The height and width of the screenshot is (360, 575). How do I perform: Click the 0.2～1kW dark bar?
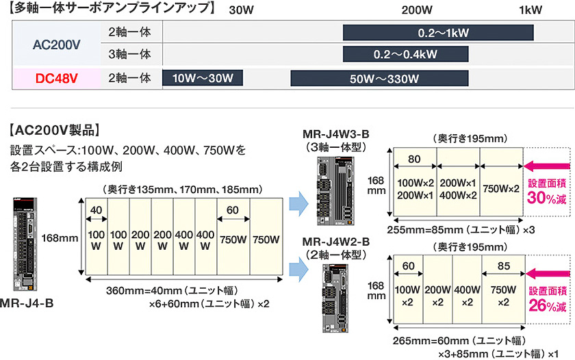click(x=438, y=33)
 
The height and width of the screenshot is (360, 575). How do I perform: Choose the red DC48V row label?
click(x=56, y=78)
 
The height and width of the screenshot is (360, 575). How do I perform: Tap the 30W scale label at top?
click(x=241, y=10)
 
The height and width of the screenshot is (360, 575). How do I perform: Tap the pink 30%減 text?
click(x=546, y=196)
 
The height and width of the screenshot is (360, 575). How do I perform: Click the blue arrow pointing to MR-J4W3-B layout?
click(x=299, y=203)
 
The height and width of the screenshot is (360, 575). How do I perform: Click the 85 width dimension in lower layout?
click(x=503, y=266)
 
